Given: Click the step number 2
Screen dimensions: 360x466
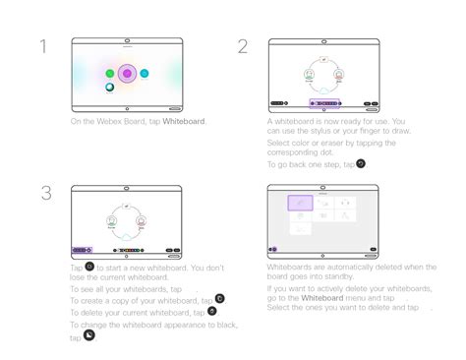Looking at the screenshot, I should coord(243,47).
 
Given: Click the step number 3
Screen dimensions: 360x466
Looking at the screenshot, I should coord(46,194).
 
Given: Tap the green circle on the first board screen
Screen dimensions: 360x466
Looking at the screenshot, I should coord(109,74).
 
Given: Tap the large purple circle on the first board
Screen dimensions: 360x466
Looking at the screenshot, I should coord(127,73).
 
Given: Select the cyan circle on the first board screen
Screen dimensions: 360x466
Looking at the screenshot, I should coord(145,74).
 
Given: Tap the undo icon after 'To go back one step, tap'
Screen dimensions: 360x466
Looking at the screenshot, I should coord(361,163).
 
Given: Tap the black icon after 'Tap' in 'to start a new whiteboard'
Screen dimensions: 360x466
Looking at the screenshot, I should coord(89,266).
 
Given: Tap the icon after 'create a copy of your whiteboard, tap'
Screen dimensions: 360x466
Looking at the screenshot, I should coord(219,298).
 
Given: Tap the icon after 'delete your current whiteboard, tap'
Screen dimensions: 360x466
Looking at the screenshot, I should coord(212,311).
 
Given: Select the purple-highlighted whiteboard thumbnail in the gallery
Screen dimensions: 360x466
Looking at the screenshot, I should coord(300,203).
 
